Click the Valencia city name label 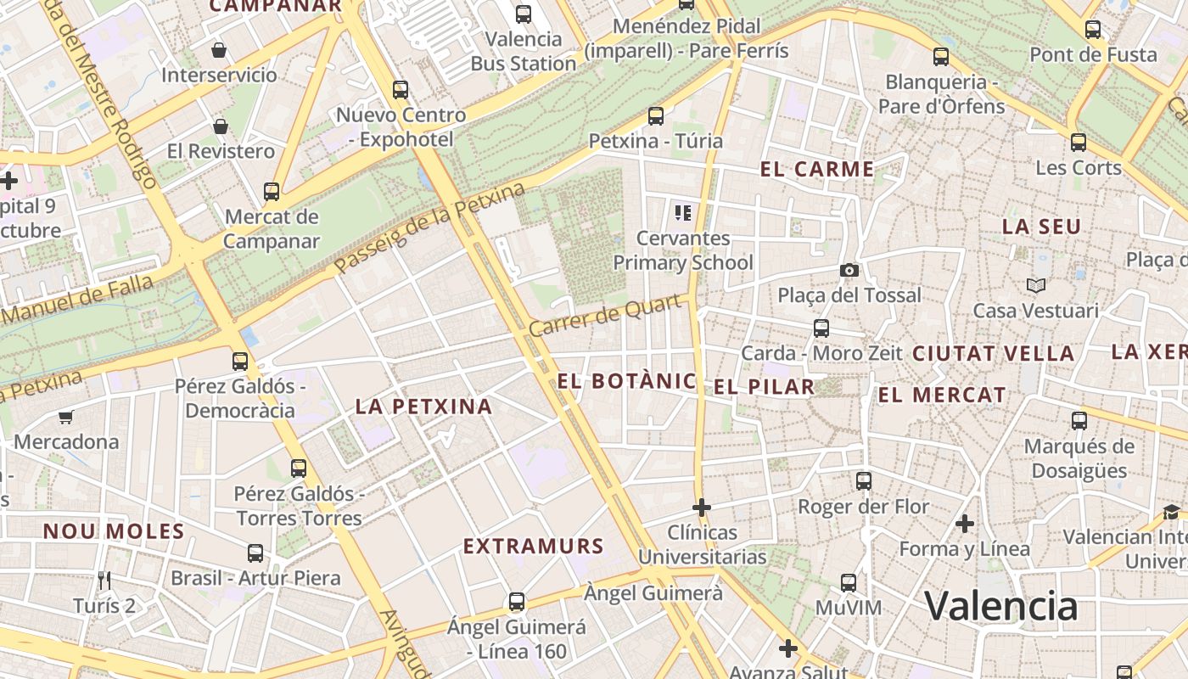click(1000, 606)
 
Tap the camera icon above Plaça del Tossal click(849, 270)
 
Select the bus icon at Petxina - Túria click(655, 116)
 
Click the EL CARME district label click(816, 169)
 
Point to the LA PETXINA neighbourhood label click(423, 407)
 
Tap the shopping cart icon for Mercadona click(65, 417)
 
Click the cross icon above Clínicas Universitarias click(701, 508)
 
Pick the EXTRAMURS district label click(533, 547)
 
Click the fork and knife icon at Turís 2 click(104, 581)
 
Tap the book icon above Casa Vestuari click(1035, 285)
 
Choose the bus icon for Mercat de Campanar click(272, 192)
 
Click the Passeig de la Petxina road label click(429, 229)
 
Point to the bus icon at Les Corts click(1079, 143)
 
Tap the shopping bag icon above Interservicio click(219, 50)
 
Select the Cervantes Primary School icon click(682, 212)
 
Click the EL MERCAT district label click(942, 395)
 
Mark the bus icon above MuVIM click(849, 583)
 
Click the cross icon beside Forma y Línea click(964, 524)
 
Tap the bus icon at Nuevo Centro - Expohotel click(401, 89)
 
